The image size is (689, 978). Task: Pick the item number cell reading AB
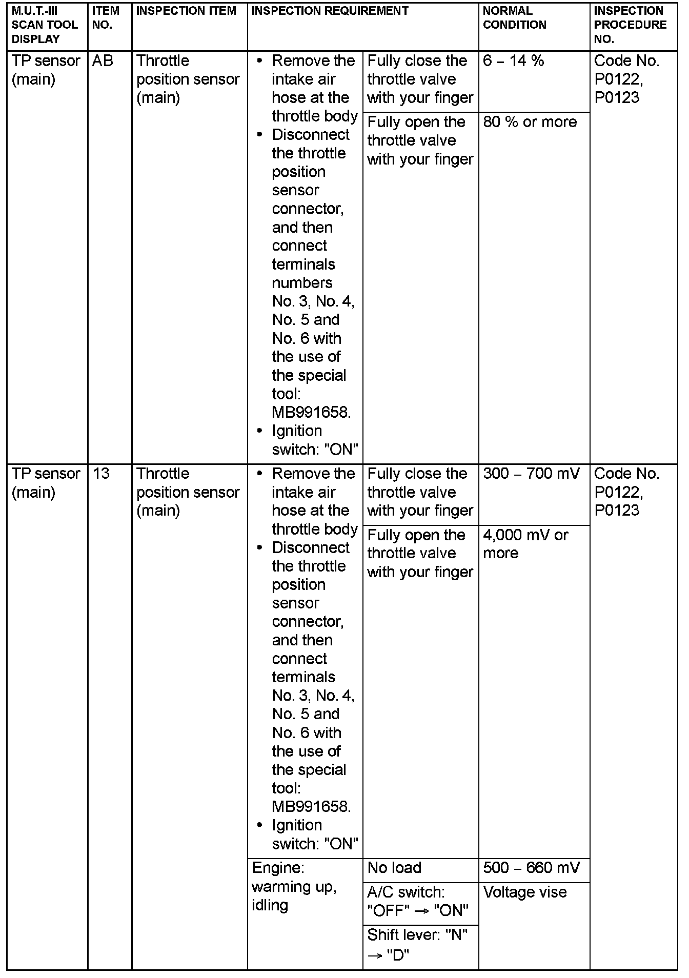pyautogui.click(x=103, y=61)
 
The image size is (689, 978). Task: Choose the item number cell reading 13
pyautogui.click(x=102, y=474)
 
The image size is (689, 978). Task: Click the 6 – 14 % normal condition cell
pyautogui.click(x=514, y=61)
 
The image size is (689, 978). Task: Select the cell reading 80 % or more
pyautogui.click(x=530, y=122)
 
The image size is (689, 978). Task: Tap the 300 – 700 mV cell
pyautogui.click(x=531, y=474)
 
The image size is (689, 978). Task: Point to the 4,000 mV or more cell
pyautogui.click(x=525, y=544)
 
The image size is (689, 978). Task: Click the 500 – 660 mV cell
pyautogui.click(x=532, y=868)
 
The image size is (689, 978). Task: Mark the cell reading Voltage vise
pyautogui.click(x=525, y=892)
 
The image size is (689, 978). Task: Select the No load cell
pyautogui.click(x=395, y=868)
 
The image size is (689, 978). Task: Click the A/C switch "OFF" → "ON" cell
pyautogui.click(x=418, y=902)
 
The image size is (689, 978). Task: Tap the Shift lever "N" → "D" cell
pyautogui.click(x=418, y=945)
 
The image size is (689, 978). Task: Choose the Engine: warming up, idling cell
pyautogui.click(x=294, y=886)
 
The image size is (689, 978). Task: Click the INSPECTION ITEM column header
pyautogui.click(x=187, y=11)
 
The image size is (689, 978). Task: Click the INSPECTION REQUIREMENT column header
pyautogui.click(x=331, y=11)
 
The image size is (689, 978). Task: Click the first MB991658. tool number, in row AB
pyautogui.click(x=312, y=413)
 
